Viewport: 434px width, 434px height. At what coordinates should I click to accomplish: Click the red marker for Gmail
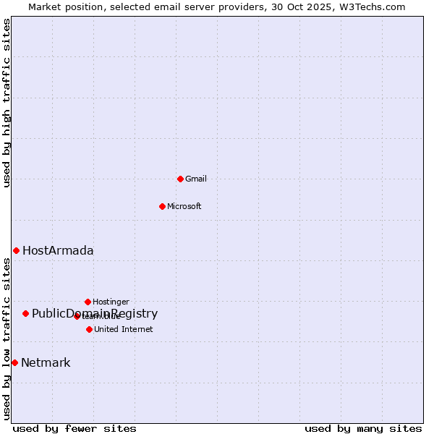tap(180, 179)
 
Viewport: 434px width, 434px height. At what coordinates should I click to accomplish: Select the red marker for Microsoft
tap(162, 206)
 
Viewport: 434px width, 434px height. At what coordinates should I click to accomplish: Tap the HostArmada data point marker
tap(16, 250)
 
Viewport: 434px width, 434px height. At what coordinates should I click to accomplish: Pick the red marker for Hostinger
tap(88, 302)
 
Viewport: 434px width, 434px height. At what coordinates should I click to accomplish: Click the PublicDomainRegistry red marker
tap(25, 313)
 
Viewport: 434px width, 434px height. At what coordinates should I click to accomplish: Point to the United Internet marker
tap(89, 329)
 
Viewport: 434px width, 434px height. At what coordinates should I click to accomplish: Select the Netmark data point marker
tap(14, 362)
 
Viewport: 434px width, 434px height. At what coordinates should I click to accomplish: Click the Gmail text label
tap(196, 179)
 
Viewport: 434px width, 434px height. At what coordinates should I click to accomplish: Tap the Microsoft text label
tap(184, 206)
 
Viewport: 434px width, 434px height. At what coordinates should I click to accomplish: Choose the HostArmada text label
tap(58, 250)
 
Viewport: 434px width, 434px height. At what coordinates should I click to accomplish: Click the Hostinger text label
tap(111, 302)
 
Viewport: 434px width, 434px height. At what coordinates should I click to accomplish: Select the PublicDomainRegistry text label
tap(95, 313)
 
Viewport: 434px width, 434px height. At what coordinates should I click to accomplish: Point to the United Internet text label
tap(124, 329)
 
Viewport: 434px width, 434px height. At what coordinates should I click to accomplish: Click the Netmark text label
tap(46, 362)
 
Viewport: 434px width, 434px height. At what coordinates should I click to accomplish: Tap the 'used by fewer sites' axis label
tap(75, 428)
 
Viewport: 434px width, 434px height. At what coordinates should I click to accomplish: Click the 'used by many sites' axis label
tap(363, 428)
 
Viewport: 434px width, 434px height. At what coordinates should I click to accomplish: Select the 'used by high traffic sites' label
tap(7, 103)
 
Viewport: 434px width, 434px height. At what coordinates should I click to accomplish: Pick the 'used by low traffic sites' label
tap(7, 339)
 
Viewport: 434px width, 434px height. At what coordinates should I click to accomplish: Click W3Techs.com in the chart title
tap(373, 7)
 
